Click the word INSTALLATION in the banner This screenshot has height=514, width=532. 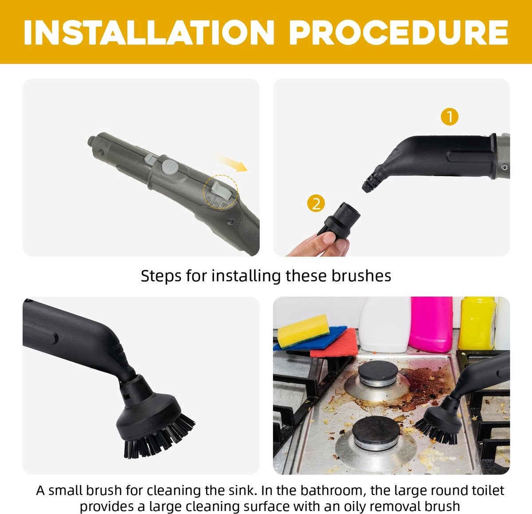[x=149, y=32]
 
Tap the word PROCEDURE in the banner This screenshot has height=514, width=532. [x=399, y=32]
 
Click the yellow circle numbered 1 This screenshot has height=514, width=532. [x=450, y=117]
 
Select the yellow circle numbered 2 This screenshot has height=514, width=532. [x=316, y=203]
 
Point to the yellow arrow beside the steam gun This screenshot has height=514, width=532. [x=232, y=163]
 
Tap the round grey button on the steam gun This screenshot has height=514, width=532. [x=169, y=168]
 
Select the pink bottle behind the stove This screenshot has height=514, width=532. [x=431, y=324]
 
